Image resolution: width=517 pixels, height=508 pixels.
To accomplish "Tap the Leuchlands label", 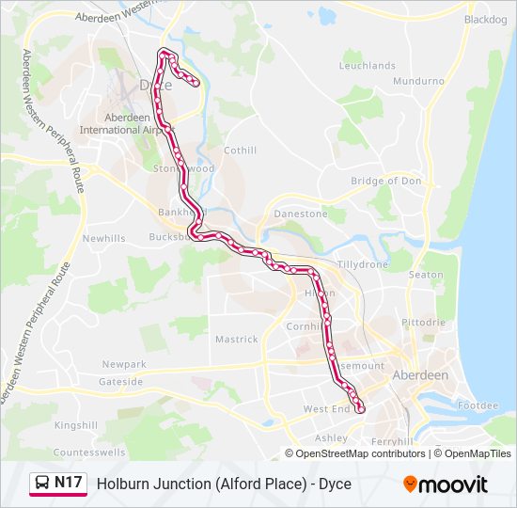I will tap(368, 66).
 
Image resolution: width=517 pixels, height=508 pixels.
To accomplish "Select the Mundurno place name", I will tap(419, 82).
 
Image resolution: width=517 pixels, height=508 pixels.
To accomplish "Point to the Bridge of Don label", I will tap(386, 181).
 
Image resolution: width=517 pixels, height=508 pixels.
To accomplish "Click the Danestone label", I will tap(301, 214).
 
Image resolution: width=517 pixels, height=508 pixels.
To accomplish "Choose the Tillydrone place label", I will tap(363, 264).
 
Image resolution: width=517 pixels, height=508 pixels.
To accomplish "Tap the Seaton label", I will tap(426, 275).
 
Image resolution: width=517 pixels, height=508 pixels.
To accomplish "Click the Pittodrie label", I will tap(424, 322).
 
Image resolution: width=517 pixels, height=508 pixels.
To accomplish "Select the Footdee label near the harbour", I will tap(478, 405).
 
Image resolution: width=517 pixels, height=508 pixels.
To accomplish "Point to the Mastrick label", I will tap(236, 339).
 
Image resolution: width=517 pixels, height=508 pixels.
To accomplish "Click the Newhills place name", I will tap(103, 239).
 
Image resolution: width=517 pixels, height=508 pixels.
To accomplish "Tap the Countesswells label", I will tap(90, 452).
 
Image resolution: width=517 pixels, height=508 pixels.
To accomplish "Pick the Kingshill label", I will tap(76, 425).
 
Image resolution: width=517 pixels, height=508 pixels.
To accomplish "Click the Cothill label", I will tap(240, 151).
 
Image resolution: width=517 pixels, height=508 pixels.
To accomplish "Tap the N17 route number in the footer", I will tap(69, 484).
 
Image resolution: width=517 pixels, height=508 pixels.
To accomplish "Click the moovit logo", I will tap(446, 484).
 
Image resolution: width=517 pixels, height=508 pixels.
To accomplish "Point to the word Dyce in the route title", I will tap(334, 484).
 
